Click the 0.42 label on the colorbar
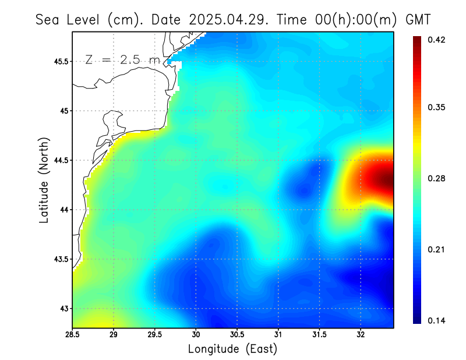(x=436, y=40)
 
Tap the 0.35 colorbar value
(x=436, y=107)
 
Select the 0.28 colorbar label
(x=436, y=178)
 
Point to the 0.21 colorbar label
(x=436, y=249)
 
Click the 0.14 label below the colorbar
(x=436, y=320)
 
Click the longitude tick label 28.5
(x=73, y=335)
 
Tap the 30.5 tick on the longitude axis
(x=237, y=335)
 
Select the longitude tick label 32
(x=361, y=335)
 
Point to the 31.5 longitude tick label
(x=319, y=335)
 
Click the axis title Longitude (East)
(x=232, y=349)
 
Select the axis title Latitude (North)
(x=44, y=179)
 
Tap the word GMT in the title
(x=417, y=19)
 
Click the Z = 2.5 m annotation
(x=122, y=59)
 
